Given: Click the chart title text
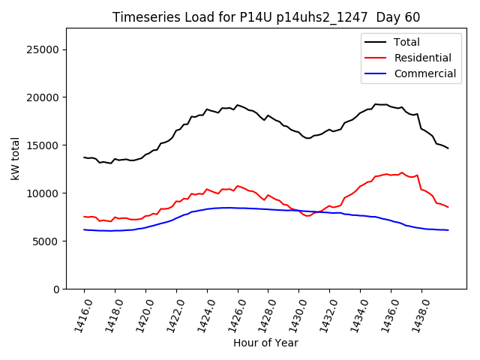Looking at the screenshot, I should pos(266,17).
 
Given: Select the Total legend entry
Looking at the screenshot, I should pos(406,42).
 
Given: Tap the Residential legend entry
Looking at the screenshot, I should pos(422,58).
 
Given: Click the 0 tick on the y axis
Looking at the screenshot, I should pos(56,289).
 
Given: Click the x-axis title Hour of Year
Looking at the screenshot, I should pos(265,343).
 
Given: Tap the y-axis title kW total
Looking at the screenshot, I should pos(15,158).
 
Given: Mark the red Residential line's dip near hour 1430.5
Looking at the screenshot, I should pos(307,216).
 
